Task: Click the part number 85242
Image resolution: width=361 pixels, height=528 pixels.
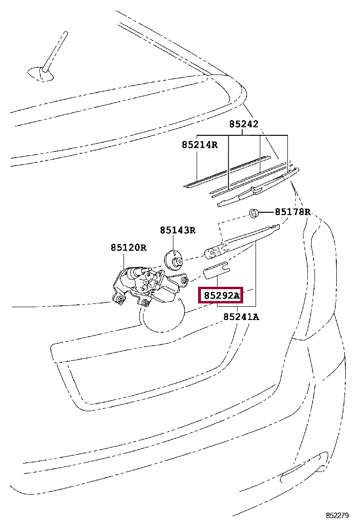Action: pyautogui.click(x=244, y=124)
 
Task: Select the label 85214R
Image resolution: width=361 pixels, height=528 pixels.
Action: pyautogui.click(x=199, y=144)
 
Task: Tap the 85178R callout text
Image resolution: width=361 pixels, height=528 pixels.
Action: pyautogui.click(x=293, y=212)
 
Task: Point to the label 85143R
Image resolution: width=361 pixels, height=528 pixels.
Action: pyautogui.click(x=177, y=230)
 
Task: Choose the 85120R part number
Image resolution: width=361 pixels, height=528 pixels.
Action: pyautogui.click(x=128, y=247)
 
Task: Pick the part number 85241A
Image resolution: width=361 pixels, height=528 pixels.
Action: pyautogui.click(x=241, y=317)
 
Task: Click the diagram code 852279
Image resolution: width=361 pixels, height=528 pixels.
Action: pyautogui.click(x=337, y=515)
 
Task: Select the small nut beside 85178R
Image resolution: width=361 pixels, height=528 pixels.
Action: pyautogui.click(x=254, y=212)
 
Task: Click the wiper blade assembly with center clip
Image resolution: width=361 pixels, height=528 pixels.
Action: pyautogui.click(x=256, y=190)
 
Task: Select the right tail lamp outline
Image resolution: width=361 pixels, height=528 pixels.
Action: pyautogui.click(x=316, y=285)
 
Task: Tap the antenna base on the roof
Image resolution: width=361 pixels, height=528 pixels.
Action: pyautogui.click(x=38, y=72)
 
